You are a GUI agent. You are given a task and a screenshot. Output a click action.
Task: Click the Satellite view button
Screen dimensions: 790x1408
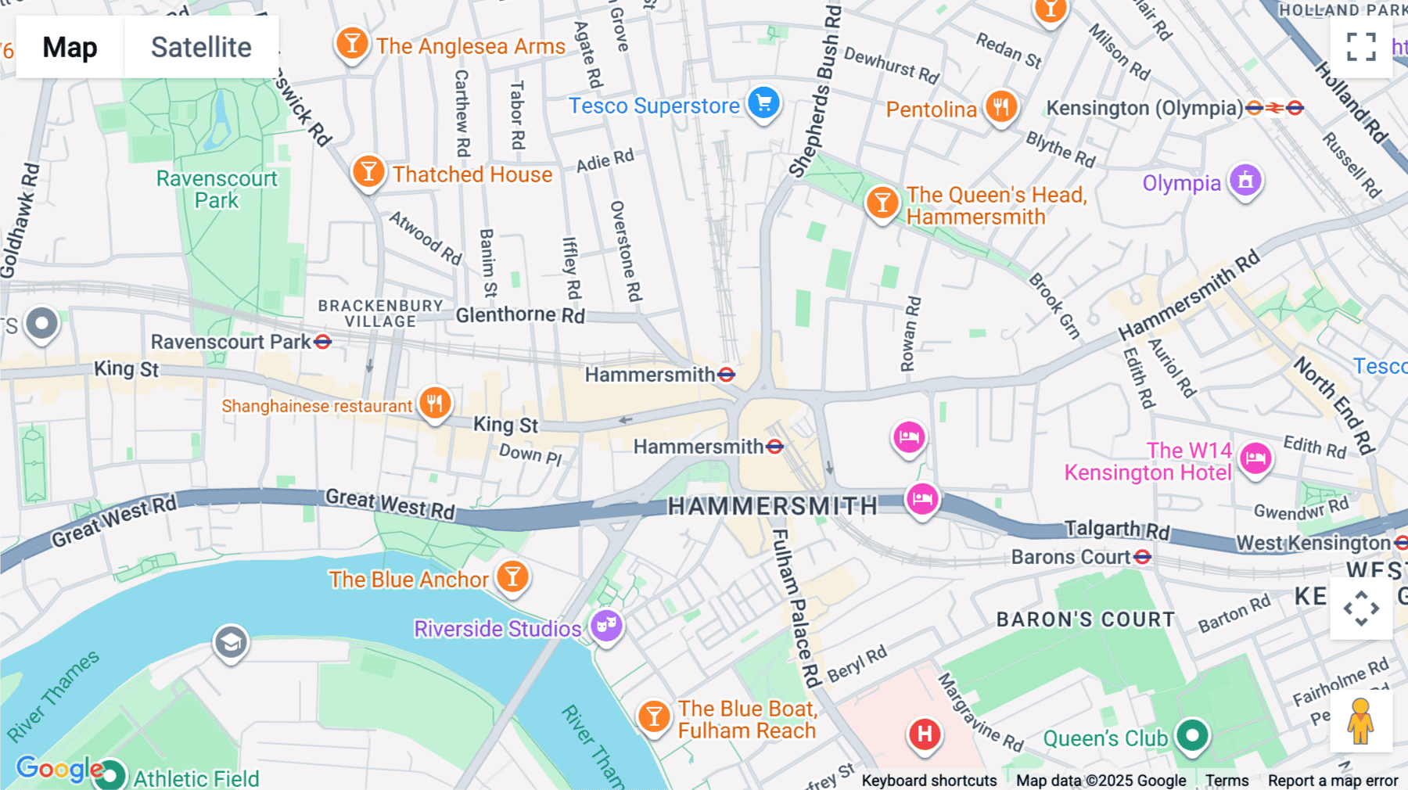click(x=201, y=47)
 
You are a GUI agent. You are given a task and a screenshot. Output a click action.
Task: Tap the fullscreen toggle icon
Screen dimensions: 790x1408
click(x=1361, y=47)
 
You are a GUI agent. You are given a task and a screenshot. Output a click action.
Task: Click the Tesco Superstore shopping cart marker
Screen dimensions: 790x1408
click(x=763, y=103)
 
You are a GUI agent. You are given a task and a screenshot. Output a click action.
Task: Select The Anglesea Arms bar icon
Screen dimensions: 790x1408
click(x=352, y=44)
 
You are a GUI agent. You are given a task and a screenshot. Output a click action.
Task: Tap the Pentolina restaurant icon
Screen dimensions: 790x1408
click(x=1000, y=106)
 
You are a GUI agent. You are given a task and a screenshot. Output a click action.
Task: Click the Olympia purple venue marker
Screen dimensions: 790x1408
click(x=1245, y=181)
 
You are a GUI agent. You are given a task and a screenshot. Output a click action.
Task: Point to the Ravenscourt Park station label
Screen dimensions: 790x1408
click(x=231, y=342)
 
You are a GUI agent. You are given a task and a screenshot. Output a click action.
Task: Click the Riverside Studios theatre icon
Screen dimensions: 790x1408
click(x=606, y=626)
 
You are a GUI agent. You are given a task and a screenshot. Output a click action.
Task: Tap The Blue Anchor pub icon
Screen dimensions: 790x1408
click(x=512, y=577)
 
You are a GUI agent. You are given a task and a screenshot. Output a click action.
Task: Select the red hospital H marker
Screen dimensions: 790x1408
click(x=925, y=734)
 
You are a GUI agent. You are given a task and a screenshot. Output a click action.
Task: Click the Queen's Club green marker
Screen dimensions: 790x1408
click(x=1192, y=735)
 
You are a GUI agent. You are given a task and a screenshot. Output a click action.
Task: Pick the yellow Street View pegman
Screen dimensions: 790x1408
click(x=1361, y=721)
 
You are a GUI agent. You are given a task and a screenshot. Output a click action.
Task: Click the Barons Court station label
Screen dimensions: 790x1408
click(x=1070, y=557)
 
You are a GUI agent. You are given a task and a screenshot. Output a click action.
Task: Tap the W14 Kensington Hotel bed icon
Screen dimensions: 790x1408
click(x=1255, y=458)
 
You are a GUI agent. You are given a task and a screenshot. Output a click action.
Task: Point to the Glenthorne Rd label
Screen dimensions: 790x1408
click(x=520, y=314)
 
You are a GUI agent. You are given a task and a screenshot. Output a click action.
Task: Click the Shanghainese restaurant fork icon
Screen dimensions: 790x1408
click(x=435, y=404)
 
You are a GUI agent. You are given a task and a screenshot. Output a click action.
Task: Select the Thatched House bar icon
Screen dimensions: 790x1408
click(x=368, y=171)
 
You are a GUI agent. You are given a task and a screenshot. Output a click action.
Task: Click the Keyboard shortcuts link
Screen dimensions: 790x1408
click(x=928, y=780)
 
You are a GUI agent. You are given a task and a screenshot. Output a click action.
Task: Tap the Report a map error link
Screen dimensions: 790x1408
click(x=1333, y=780)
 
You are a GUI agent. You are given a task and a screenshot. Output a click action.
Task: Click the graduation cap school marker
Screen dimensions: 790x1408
click(x=231, y=643)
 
